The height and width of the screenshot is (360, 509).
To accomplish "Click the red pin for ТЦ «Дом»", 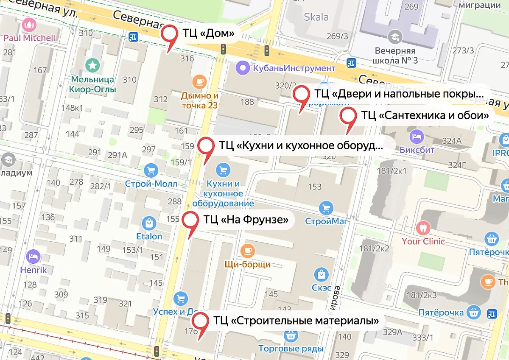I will (171, 33).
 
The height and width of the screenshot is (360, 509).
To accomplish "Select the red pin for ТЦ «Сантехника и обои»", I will (349, 116).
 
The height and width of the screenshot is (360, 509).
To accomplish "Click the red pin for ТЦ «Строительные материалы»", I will (200, 321).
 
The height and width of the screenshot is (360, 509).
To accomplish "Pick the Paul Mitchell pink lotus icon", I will (29, 25).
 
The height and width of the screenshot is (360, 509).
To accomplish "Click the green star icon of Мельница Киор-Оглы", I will (92, 65).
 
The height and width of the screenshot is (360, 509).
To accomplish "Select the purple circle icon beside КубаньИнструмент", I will (243, 67).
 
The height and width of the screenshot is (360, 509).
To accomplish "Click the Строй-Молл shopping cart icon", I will (151, 170).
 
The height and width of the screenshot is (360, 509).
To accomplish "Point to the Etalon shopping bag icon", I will (149, 223).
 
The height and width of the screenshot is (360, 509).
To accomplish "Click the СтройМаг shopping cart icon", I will (326, 208).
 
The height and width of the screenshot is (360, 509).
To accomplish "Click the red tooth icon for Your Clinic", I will (423, 228).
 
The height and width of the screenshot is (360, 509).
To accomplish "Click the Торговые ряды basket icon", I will (291, 335).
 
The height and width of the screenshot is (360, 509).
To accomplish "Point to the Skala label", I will (316, 17).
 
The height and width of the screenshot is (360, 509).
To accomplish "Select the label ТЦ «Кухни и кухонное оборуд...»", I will (301, 146).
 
